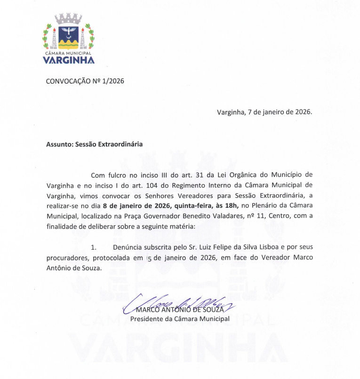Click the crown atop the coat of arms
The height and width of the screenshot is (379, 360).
pos(69,19)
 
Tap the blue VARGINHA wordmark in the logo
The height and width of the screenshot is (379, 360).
pos(69,60)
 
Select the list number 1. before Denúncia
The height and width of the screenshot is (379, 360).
pos(93,247)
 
